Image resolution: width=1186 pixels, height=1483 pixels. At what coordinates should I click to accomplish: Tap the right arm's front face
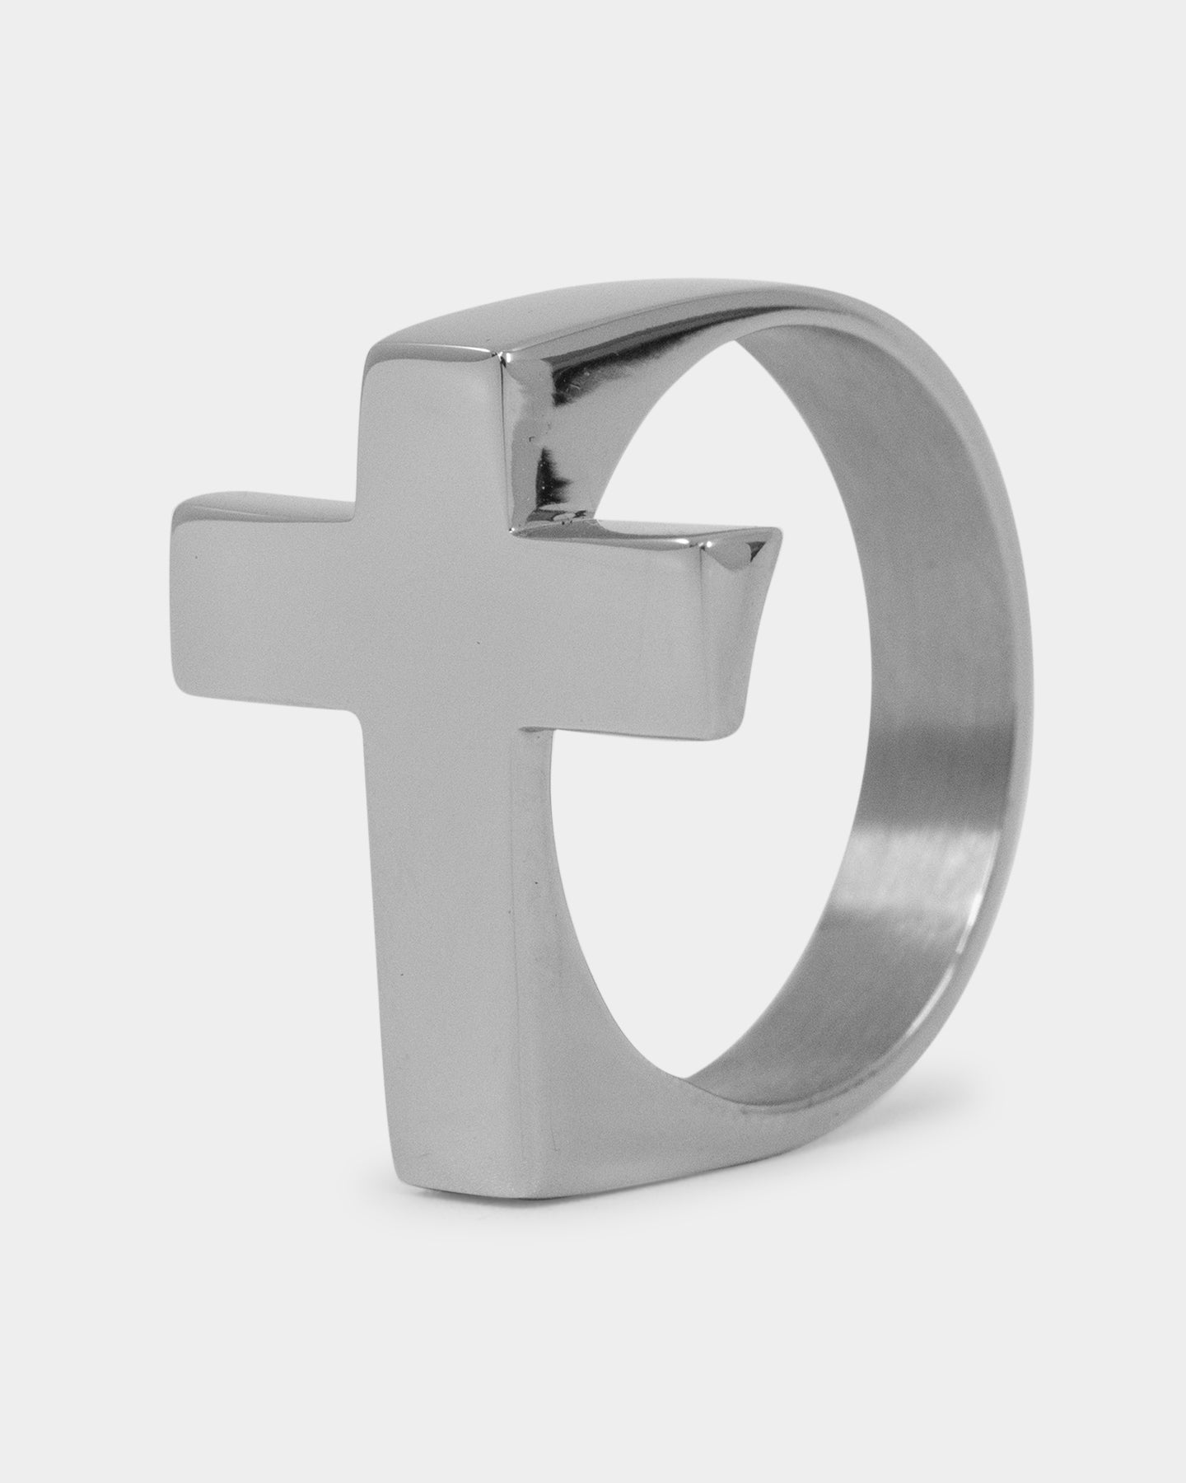pos(626,626)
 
